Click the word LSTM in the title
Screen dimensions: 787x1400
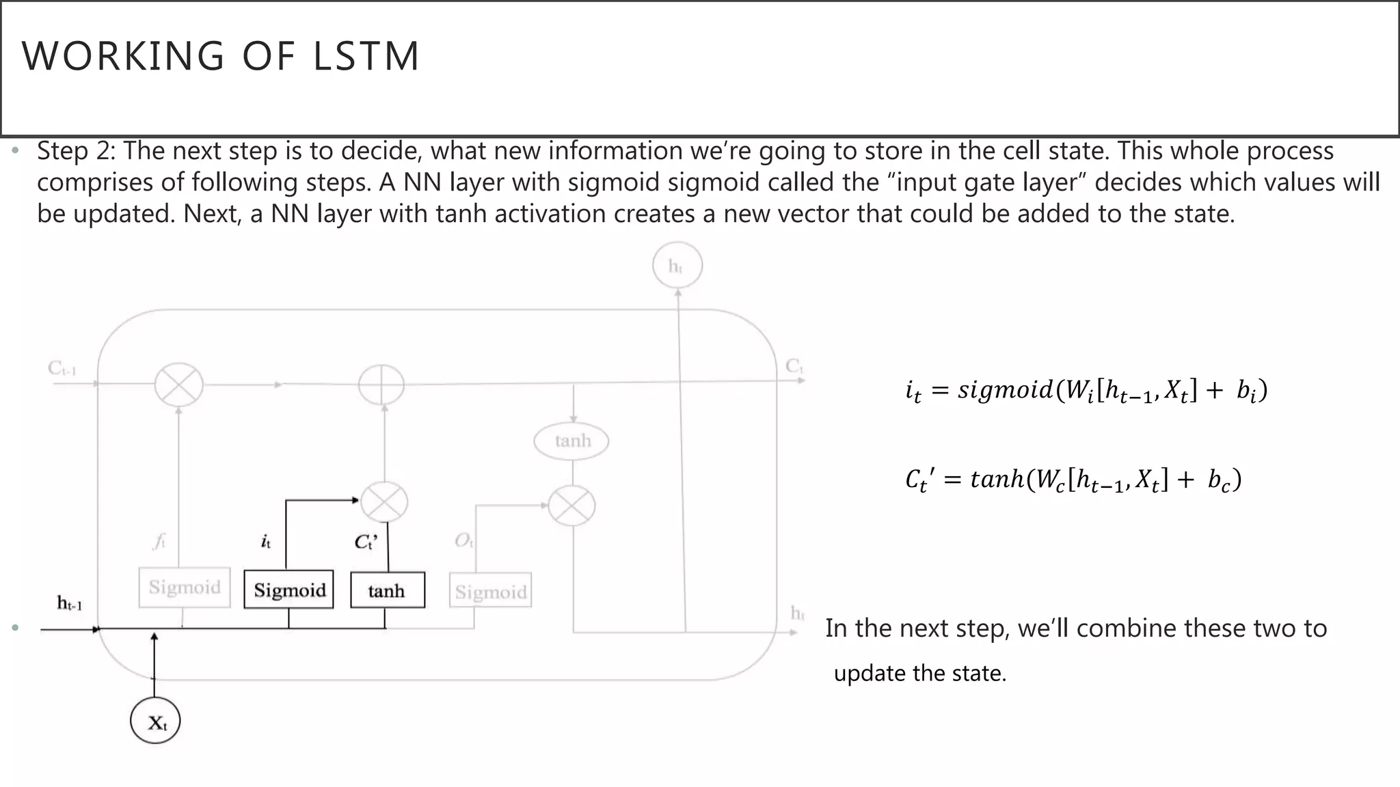click(366, 56)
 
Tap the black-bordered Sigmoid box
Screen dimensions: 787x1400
click(289, 590)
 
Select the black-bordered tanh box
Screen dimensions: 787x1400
click(387, 590)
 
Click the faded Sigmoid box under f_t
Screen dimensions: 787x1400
click(185, 588)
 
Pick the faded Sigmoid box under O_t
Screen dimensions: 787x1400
click(491, 592)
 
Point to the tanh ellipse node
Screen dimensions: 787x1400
click(571, 441)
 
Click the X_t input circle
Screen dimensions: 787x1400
click(156, 721)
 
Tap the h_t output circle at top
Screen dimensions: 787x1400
click(676, 266)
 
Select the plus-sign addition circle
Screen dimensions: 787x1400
click(381, 385)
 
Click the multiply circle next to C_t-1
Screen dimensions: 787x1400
click(178, 385)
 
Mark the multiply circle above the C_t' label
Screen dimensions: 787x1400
click(384, 503)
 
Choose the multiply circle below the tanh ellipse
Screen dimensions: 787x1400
click(572, 506)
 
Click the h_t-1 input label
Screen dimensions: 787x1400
click(70, 603)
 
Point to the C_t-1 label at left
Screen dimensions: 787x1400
click(62, 369)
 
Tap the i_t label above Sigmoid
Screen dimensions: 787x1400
click(266, 542)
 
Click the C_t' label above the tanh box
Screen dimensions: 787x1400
click(366, 542)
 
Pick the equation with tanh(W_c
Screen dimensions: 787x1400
click(1073, 480)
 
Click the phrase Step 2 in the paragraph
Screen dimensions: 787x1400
click(76, 151)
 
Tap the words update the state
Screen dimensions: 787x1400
click(919, 674)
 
